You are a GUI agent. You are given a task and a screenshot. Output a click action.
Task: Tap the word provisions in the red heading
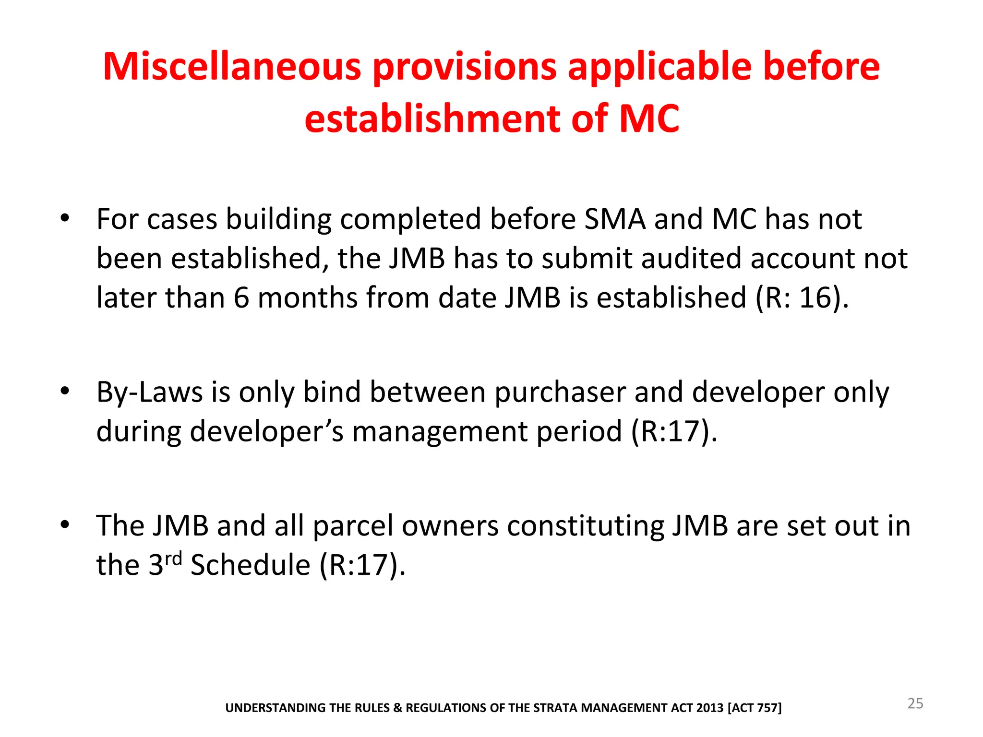[465, 67]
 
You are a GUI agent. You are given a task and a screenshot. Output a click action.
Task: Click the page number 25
[915, 703]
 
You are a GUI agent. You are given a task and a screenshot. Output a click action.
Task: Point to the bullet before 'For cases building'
[65, 219]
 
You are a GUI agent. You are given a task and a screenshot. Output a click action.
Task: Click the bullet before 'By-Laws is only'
[65, 392]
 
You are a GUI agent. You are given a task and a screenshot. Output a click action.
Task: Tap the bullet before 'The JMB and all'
[65, 525]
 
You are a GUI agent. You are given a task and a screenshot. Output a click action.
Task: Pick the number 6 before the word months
[241, 297]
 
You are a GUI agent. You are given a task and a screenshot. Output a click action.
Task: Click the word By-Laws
[150, 392]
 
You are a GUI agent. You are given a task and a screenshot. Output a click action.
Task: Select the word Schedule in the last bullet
[250, 564]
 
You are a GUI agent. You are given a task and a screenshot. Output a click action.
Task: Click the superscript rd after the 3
[173, 559]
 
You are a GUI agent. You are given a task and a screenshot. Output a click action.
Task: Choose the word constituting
[586, 526]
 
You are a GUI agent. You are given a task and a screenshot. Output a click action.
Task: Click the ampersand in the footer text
[397, 708]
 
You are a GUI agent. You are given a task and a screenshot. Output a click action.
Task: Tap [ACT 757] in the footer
[755, 708]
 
